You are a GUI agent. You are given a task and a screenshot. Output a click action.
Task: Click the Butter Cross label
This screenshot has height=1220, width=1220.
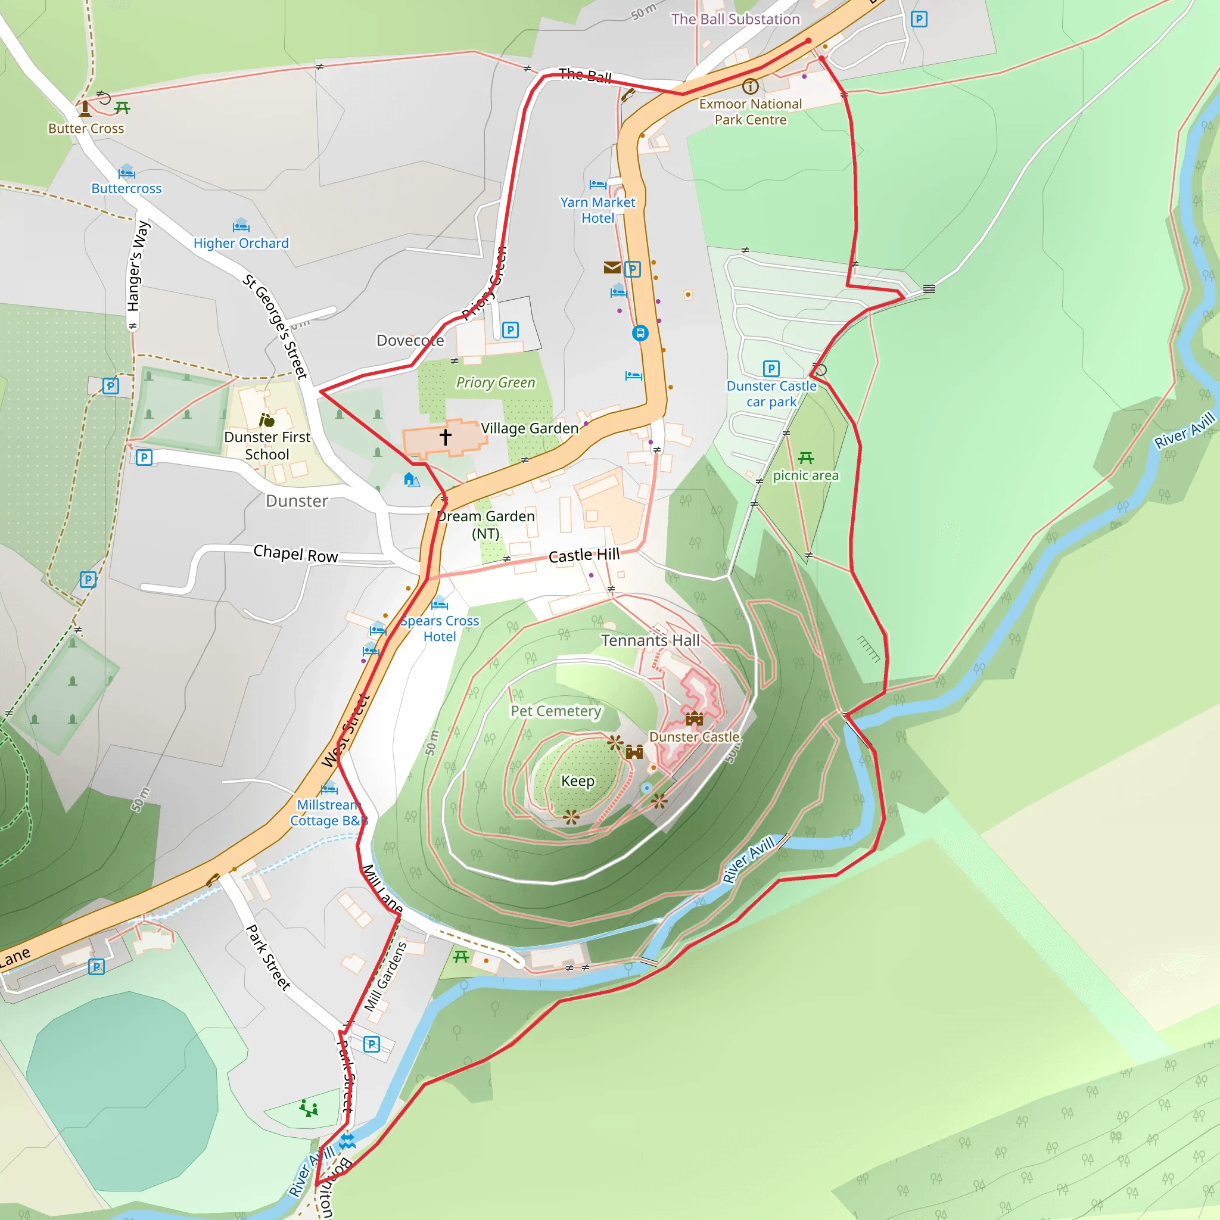pyautogui.click(x=86, y=128)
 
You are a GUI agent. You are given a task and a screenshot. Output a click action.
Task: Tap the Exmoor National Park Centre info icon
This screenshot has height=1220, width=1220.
pyautogui.click(x=750, y=86)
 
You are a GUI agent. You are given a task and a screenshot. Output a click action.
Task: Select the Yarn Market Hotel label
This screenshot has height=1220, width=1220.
pyautogui.click(x=597, y=210)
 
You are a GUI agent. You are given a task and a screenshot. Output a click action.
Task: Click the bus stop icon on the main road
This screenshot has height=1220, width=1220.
pyautogui.click(x=640, y=333)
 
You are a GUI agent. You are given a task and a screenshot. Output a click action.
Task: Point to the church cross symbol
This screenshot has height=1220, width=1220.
pyautogui.click(x=445, y=436)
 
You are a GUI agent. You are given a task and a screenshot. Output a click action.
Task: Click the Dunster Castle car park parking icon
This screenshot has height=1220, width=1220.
pyautogui.click(x=771, y=368)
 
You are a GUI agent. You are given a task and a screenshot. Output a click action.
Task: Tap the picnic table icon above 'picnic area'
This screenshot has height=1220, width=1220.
pyautogui.click(x=806, y=458)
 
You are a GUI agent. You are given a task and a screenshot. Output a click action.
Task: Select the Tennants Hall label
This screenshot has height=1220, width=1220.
pyautogui.click(x=651, y=640)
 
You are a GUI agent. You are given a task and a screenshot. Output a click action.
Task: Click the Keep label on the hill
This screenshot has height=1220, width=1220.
pyautogui.click(x=578, y=781)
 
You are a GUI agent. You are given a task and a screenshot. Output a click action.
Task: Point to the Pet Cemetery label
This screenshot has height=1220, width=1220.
pyautogui.click(x=556, y=711)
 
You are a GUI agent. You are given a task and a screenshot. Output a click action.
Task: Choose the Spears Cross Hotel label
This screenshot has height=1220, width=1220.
pyautogui.click(x=440, y=628)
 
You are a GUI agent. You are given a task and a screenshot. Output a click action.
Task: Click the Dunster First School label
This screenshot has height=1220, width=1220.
pyautogui.click(x=267, y=445)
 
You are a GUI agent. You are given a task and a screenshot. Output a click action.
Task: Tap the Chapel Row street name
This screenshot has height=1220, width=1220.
pyautogui.click(x=295, y=554)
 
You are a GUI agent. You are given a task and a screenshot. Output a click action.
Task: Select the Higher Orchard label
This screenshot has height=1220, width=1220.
pyautogui.click(x=241, y=243)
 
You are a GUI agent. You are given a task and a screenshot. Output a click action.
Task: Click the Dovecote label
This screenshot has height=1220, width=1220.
pyautogui.click(x=410, y=340)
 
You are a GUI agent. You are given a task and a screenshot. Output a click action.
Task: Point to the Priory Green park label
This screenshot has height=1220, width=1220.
pyautogui.click(x=496, y=382)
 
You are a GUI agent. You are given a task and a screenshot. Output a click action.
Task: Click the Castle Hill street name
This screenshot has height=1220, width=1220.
pyautogui.click(x=584, y=555)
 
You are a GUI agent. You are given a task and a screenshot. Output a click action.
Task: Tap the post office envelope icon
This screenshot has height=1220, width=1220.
pyautogui.click(x=612, y=267)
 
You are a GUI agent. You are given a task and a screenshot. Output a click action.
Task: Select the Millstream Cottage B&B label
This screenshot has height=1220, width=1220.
pyautogui.click(x=328, y=813)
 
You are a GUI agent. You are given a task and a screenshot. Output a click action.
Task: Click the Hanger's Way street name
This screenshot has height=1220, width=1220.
pyautogui.click(x=138, y=265)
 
